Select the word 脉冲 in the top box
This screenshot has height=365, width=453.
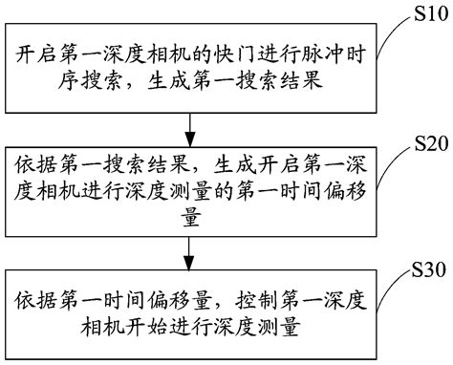pyautogui.click(x=316, y=54)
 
